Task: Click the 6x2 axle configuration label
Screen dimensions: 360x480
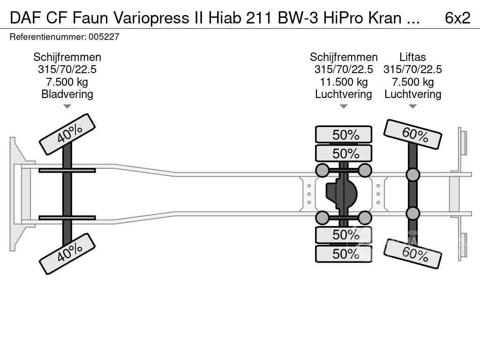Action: (457, 17)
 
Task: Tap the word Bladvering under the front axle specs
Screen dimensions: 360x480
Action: (67, 94)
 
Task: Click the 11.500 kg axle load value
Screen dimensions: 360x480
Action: (344, 82)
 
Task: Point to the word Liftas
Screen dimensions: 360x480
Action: (412, 57)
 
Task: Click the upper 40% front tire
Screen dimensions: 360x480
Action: (67, 134)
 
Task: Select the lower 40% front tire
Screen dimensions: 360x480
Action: (67, 254)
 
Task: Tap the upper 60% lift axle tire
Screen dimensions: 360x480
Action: (412, 134)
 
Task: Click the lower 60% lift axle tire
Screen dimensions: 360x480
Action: (412, 254)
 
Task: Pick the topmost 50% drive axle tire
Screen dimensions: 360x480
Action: (344, 135)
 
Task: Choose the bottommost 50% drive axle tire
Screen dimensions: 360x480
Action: (344, 254)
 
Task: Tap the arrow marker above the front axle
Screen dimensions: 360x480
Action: (67, 106)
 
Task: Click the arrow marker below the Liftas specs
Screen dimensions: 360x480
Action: (412, 106)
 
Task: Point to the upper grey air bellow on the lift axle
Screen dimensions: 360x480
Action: (412, 175)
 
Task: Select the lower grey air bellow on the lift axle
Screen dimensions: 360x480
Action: (412, 213)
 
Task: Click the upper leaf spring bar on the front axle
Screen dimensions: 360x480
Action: (67, 170)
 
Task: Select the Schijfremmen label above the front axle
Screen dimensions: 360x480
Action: (67, 57)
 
